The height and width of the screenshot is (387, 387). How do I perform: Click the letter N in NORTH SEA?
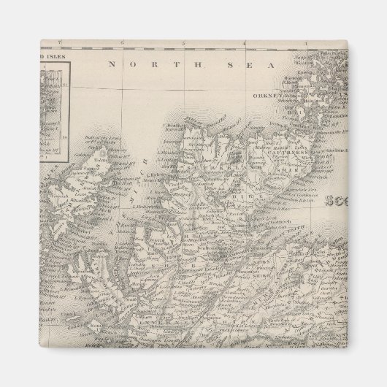pyautogui.click(x=112, y=64)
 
